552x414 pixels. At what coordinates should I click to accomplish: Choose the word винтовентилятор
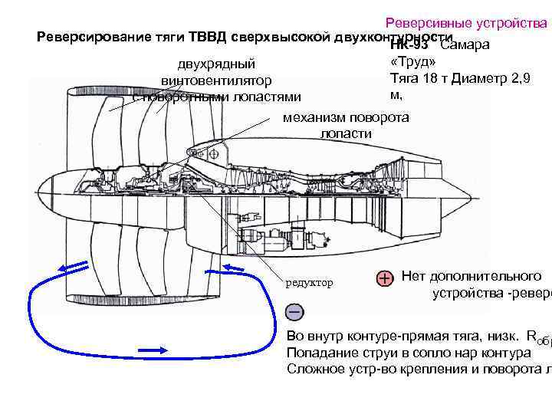[x=217, y=80]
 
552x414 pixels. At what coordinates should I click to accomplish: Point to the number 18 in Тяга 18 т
[x=433, y=78]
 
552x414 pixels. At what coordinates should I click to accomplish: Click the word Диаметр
[x=482, y=78]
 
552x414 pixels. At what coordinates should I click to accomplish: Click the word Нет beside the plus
[x=414, y=276]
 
